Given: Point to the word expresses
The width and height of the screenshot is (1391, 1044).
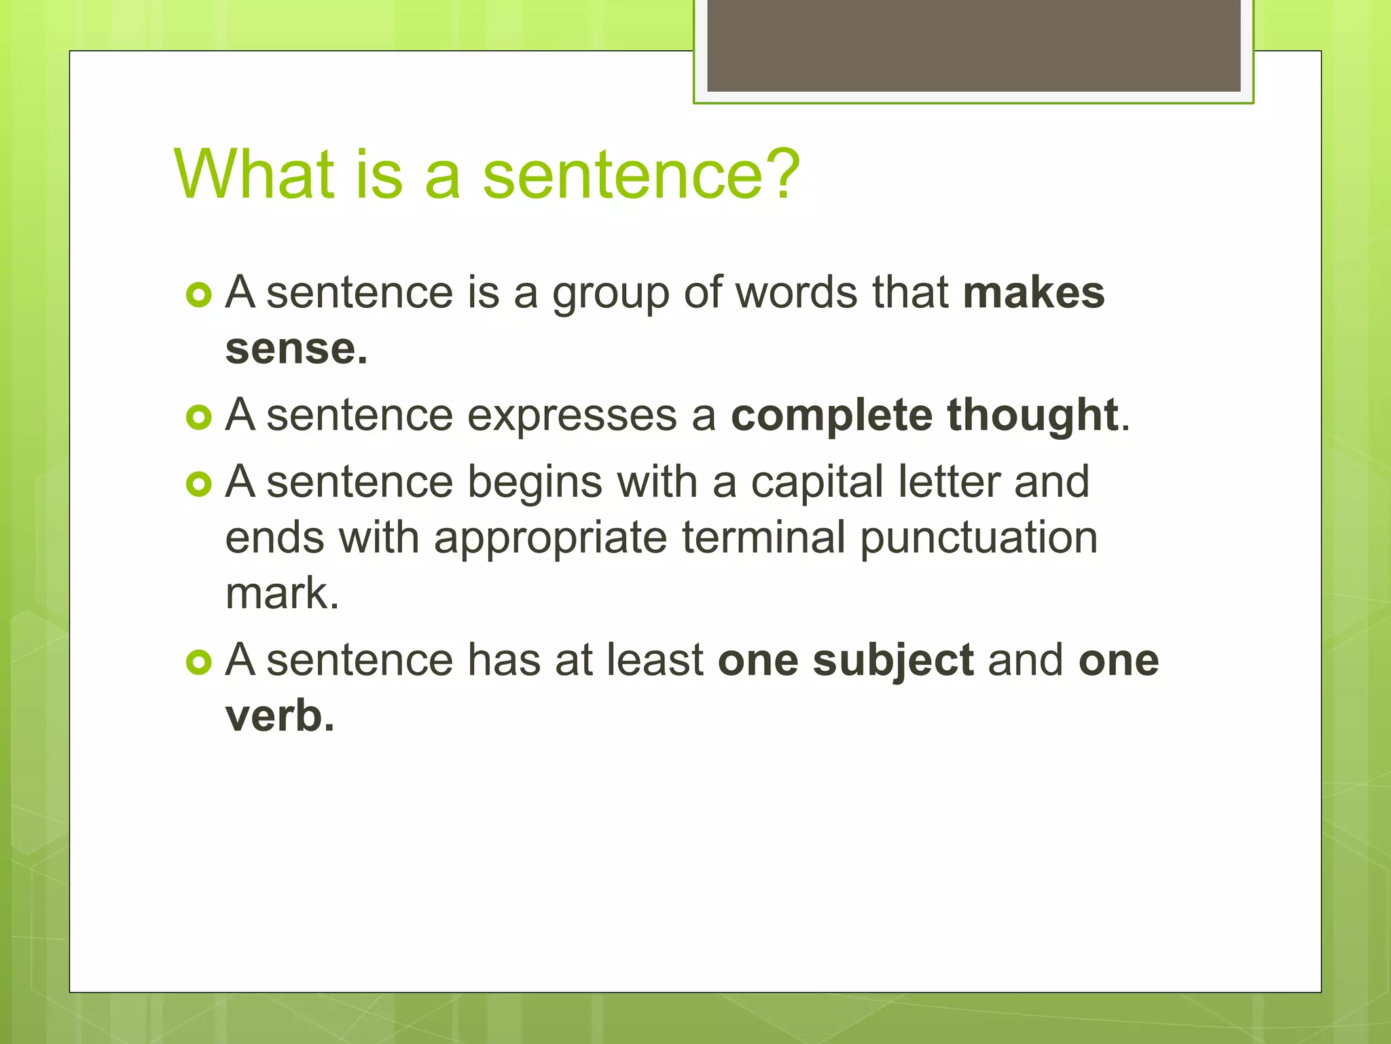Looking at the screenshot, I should tap(572, 415).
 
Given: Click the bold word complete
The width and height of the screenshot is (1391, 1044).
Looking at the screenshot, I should tap(831, 415).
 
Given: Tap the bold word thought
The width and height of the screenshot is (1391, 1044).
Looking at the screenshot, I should tap(1032, 415).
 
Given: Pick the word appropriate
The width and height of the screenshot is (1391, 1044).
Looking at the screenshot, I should tap(550, 539).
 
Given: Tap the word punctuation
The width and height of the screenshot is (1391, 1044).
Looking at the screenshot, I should tap(978, 539).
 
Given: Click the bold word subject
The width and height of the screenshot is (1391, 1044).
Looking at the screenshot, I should tap(893, 661).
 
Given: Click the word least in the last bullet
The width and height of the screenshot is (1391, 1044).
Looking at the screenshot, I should tap(655, 659).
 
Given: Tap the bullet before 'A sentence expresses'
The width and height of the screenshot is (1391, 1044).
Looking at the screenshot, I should tap(198, 417).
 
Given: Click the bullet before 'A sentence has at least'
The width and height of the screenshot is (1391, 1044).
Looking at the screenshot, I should tap(198, 662).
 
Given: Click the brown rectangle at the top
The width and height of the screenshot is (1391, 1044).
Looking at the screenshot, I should tap(973, 46).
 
